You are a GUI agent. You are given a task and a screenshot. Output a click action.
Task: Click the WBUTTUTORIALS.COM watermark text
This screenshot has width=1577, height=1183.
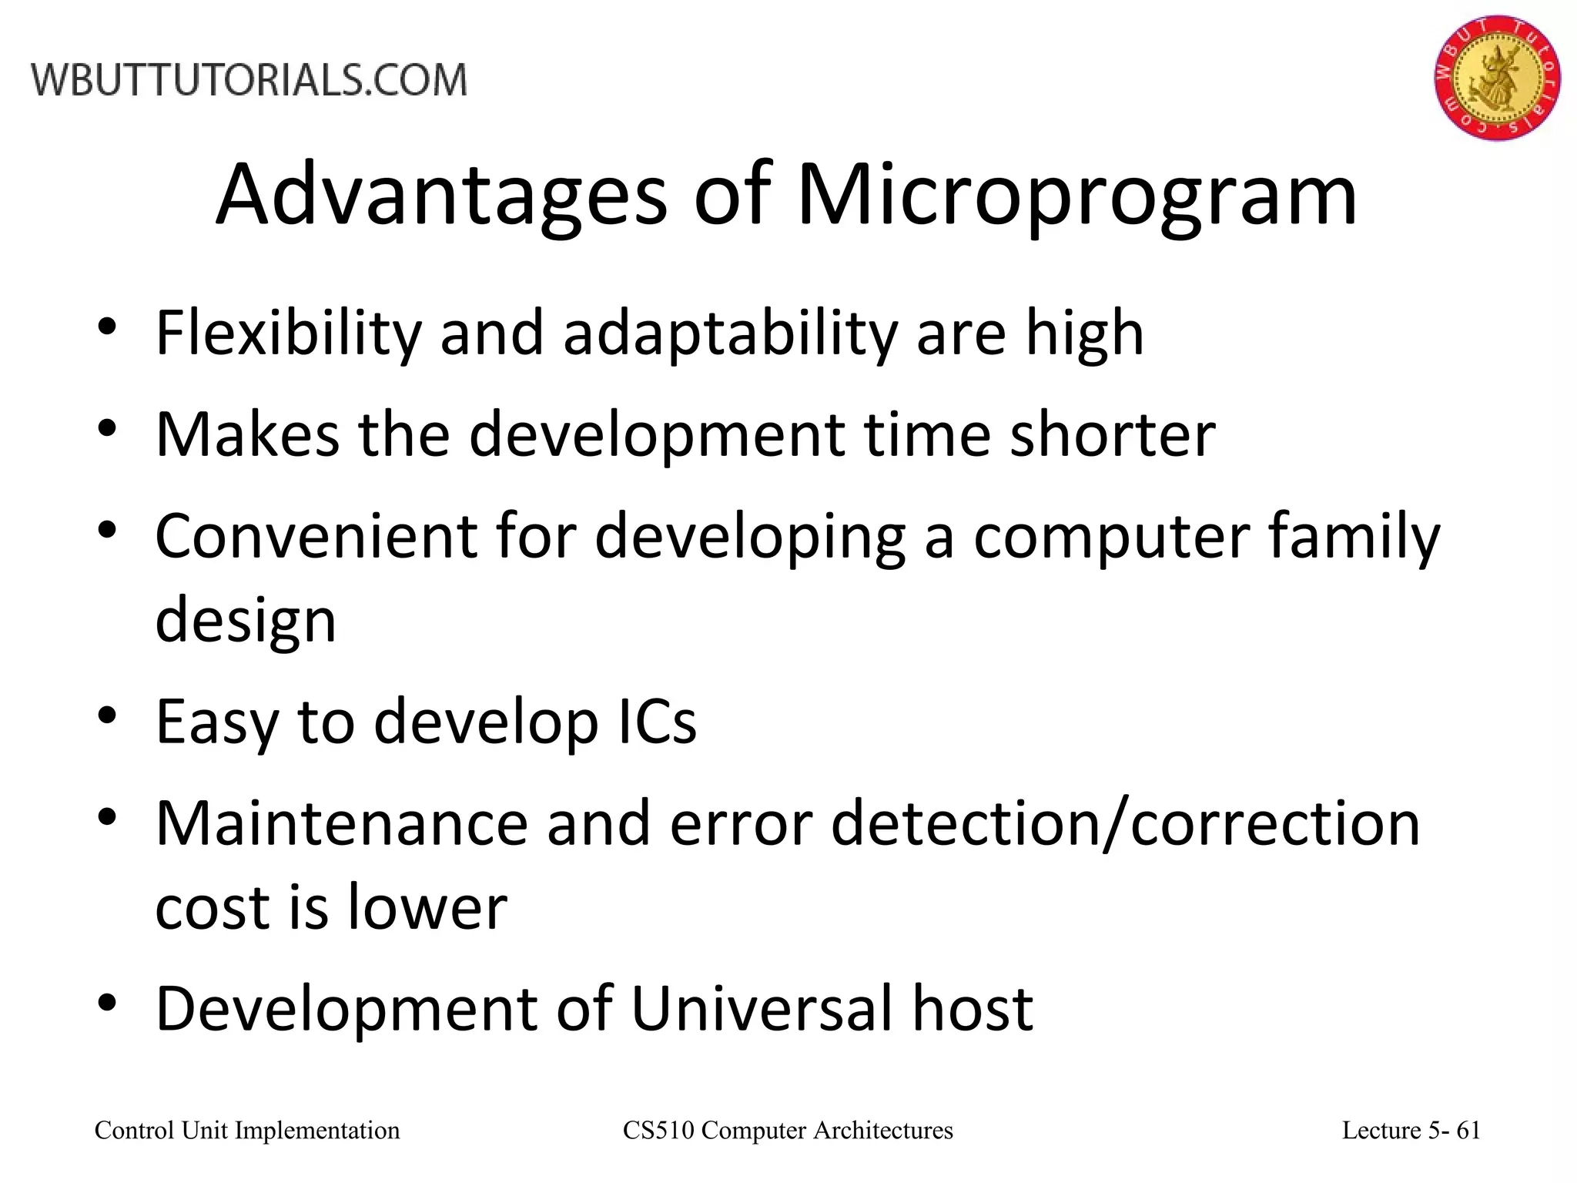(x=249, y=80)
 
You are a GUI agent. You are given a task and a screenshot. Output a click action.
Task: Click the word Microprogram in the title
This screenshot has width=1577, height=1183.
(x=1076, y=196)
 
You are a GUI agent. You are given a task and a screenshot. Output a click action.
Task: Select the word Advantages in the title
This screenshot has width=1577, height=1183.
(x=440, y=196)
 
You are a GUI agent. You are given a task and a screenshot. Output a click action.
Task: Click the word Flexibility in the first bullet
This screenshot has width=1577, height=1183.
(x=288, y=333)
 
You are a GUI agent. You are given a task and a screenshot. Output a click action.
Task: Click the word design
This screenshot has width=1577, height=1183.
(x=246, y=621)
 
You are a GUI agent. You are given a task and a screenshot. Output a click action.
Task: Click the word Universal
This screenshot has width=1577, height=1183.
(x=762, y=1009)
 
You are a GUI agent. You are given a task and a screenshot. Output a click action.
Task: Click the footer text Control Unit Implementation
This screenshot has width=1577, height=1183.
(x=247, y=1131)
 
